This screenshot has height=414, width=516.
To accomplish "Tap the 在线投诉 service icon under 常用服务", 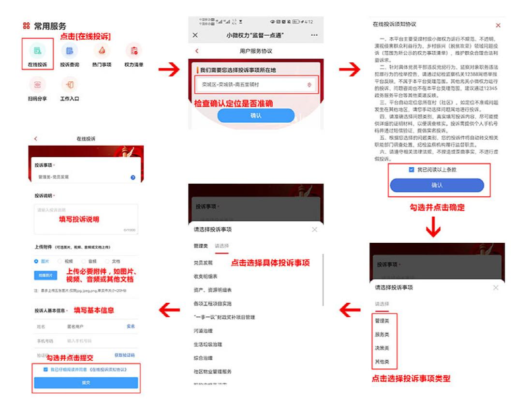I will (x=37, y=51).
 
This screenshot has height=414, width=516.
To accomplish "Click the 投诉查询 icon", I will (x=70, y=51).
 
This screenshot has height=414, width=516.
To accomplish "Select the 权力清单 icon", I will (x=133, y=51).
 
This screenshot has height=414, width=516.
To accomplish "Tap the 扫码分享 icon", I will (x=37, y=85).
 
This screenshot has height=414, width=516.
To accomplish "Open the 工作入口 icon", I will (x=70, y=85).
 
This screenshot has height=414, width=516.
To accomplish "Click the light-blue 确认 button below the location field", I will (x=255, y=116).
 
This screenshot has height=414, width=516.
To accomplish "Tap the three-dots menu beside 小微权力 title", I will (x=314, y=35).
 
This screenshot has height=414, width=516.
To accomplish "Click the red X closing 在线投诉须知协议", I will (x=498, y=25).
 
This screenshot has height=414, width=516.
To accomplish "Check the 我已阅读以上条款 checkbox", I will (x=412, y=170).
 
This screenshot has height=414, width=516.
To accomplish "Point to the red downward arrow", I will (x=433, y=227).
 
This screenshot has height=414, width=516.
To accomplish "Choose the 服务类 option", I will (x=382, y=334).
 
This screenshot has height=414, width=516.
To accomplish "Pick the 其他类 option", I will (x=382, y=362).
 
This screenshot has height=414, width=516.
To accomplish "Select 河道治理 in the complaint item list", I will (x=203, y=331).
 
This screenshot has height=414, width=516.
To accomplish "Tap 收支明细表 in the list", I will (x=206, y=277).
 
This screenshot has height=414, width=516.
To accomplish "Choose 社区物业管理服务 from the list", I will (x=213, y=371).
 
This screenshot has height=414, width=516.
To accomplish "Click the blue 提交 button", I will (x=86, y=383).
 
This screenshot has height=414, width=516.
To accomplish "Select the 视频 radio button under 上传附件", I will (x=60, y=261).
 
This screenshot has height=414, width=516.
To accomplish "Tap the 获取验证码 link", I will (x=125, y=355).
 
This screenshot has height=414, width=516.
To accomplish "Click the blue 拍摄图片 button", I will (x=46, y=275).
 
